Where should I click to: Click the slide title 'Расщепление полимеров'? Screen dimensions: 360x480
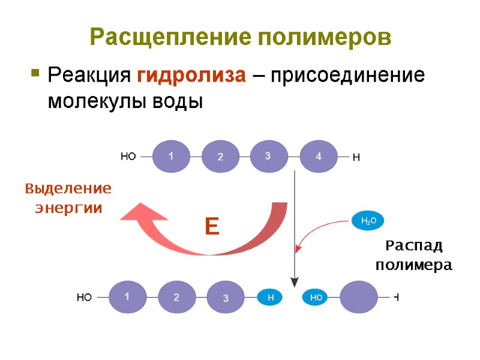(240, 37)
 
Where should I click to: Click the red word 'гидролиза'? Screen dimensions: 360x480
(191, 76)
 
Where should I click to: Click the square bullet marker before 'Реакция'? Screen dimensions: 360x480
(35, 74)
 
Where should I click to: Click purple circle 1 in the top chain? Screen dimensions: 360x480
(171, 157)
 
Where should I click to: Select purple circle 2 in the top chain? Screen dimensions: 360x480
(220, 157)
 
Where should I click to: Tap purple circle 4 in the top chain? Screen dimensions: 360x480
(319, 157)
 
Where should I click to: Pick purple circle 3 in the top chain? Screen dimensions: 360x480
(268, 156)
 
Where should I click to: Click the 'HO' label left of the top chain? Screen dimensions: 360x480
(128, 157)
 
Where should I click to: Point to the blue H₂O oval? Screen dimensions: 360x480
(368, 221)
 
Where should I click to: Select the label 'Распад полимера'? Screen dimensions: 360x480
(413, 255)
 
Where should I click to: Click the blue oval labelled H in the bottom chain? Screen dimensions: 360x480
(271, 296)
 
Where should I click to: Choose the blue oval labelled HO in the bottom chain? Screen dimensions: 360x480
(316, 297)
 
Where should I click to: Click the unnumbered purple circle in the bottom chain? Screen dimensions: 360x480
(359, 296)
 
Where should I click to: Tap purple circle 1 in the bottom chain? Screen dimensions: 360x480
(127, 296)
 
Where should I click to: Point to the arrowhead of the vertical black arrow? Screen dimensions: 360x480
(294, 281)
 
